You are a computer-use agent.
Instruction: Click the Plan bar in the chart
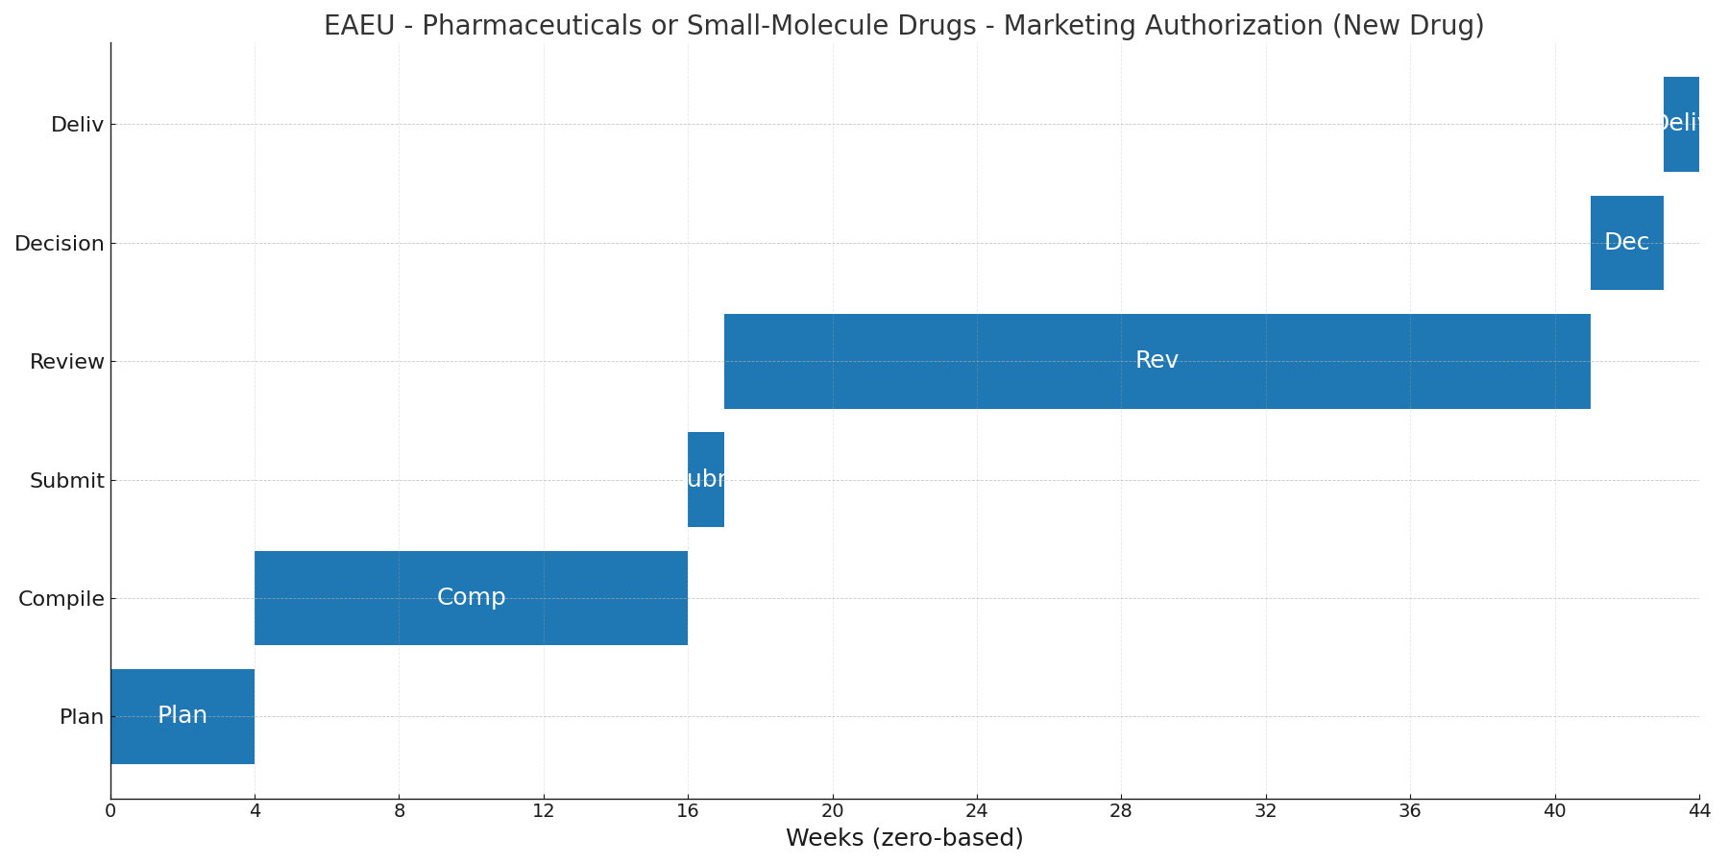pos(183,716)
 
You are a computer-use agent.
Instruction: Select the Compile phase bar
pos(471,598)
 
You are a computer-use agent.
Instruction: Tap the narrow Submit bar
pos(706,479)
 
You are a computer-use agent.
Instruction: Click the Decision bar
pos(1626,243)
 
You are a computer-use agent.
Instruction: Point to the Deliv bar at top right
pos(1681,124)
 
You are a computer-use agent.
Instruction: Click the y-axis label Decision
pos(59,244)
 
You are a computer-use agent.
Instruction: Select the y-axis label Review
pos(66,362)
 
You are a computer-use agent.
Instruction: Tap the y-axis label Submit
pos(66,481)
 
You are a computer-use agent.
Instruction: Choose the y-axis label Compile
pos(61,599)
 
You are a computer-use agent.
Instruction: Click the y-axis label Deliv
pos(77,125)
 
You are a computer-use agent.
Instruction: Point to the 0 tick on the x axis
pos(110,811)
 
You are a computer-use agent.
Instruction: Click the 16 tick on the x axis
pos(688,811)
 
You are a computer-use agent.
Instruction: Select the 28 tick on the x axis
pos(1121,811)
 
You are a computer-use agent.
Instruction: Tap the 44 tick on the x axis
pos(1698,811)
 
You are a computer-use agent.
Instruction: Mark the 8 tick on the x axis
pos(400,811)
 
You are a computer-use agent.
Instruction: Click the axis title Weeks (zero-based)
pos(904,838)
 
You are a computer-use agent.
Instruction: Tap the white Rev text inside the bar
pos(1157,360)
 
